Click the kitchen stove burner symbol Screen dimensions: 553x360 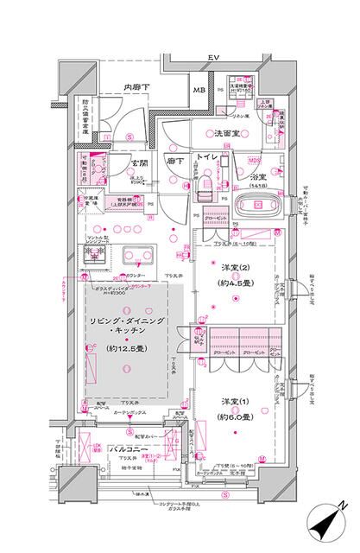[94, 256]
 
